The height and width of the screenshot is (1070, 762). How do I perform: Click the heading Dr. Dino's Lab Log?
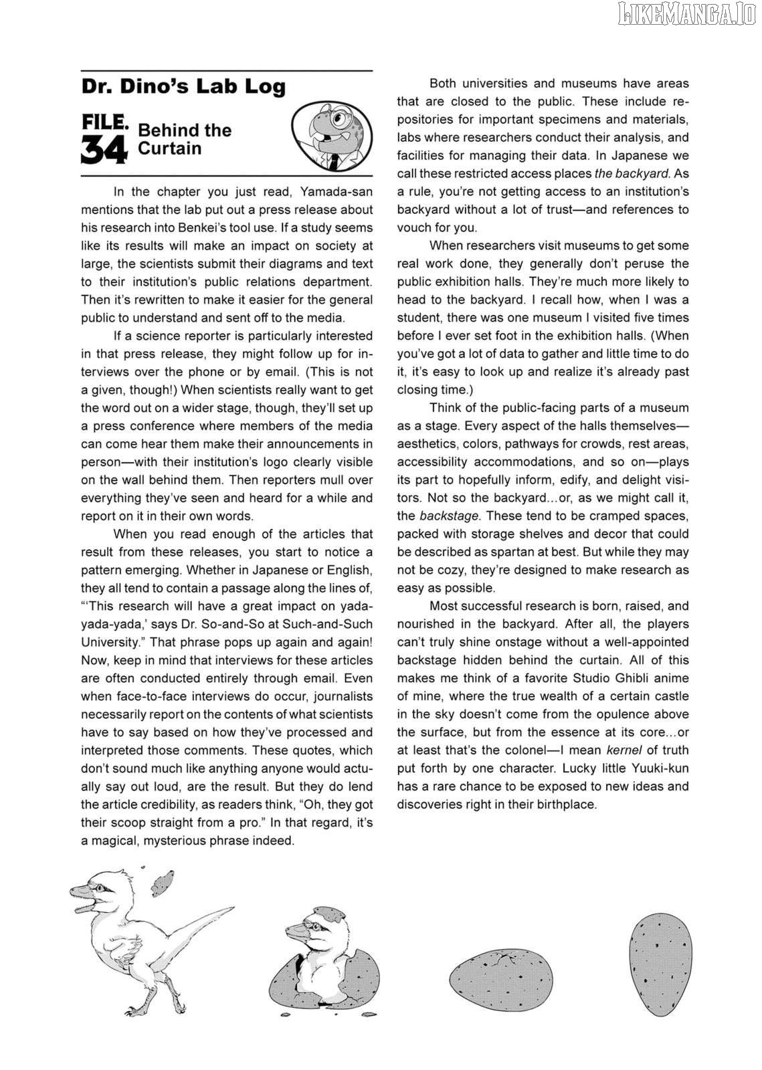(183, 87)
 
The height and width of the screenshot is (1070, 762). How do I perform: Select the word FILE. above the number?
(104, 123)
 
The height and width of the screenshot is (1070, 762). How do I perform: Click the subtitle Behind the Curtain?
(184, 138)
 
